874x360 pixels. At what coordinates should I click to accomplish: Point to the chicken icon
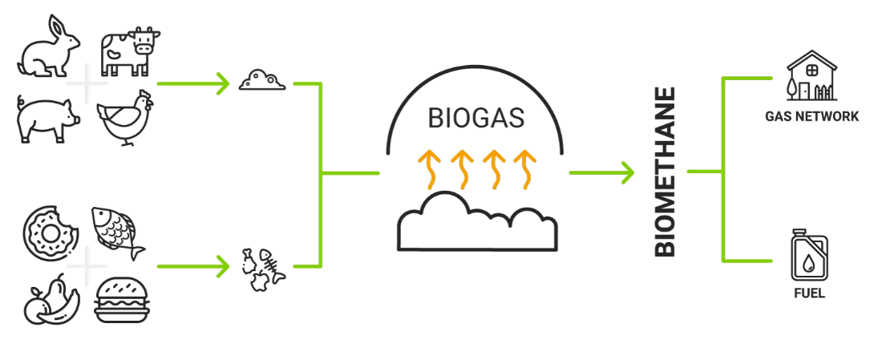[125, 118]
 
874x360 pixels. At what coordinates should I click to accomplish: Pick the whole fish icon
[118, 233]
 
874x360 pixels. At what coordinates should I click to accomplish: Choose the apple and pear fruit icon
[51, 301]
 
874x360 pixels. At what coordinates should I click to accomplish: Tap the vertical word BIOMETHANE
[666, 173]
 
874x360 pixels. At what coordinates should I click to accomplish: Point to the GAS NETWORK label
[811, 117]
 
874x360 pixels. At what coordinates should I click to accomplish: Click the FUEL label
[809, 293]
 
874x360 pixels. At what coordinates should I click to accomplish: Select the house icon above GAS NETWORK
[810, 76]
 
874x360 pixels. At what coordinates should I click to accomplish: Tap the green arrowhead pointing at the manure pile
[224, 83]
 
